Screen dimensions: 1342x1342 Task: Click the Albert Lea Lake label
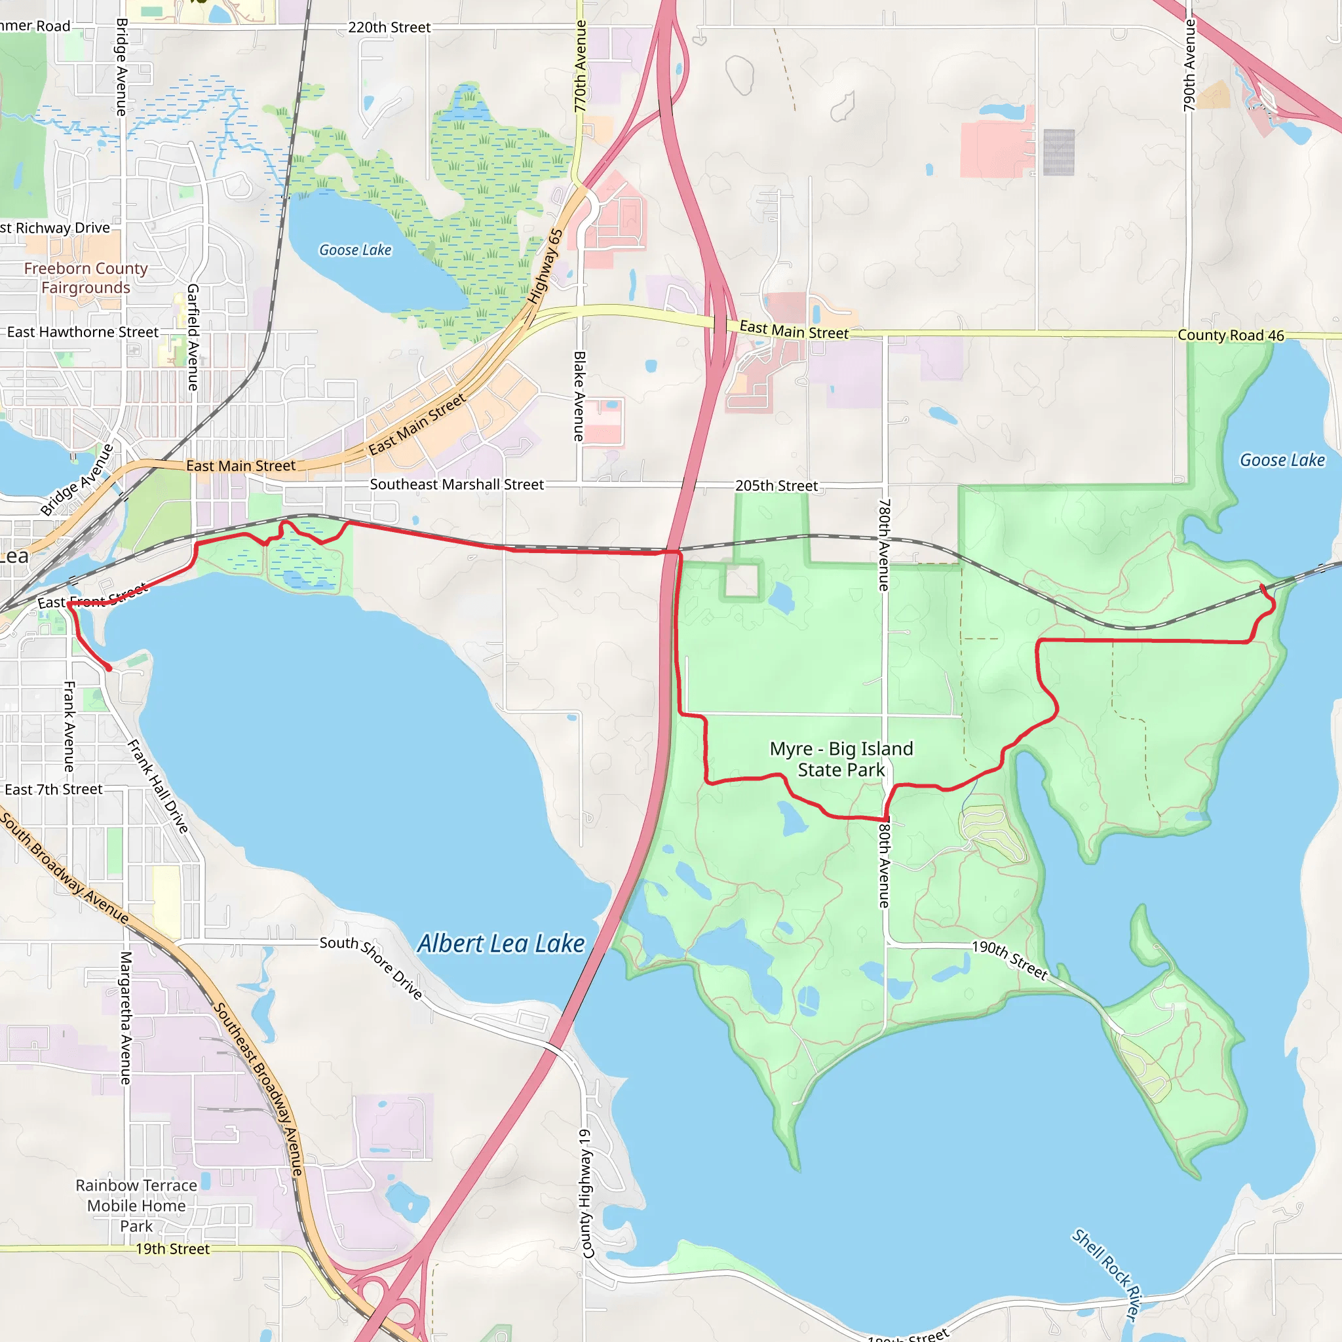501,944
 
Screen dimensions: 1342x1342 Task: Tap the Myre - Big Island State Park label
841,759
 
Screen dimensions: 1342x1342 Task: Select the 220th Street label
389,27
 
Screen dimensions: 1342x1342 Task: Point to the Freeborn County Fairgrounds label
85,278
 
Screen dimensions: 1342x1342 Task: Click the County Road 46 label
1231,335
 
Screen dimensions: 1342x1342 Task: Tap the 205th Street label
776,486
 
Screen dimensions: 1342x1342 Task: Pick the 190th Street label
1009,960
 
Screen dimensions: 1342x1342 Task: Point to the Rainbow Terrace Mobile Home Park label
136,1205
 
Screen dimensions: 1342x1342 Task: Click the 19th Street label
172,1249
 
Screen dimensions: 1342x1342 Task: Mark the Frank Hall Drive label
158,786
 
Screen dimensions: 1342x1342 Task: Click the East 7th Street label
54,789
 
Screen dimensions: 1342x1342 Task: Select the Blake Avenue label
579,396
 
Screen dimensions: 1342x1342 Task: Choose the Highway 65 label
545,267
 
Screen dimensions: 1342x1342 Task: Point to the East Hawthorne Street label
83,332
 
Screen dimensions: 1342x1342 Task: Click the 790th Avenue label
1190,66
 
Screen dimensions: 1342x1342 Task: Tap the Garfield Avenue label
193,337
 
